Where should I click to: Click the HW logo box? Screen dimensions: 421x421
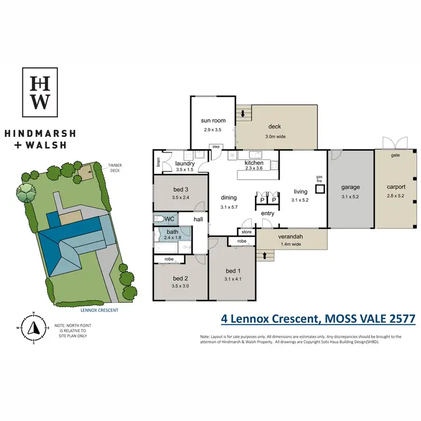[41, 92]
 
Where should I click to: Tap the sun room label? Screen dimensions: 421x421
[213, 121]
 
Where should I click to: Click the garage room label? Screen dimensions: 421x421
[350, 187]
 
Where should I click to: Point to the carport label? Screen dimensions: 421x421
[396, 187]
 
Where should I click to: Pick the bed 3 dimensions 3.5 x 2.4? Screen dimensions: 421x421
[180, 198]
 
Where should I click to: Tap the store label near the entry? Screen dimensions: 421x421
[246, 231]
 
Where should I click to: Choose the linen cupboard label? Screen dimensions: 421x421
[159, 163]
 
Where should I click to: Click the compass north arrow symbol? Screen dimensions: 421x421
[33, 327]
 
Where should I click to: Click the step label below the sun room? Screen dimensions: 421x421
[216, 147]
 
